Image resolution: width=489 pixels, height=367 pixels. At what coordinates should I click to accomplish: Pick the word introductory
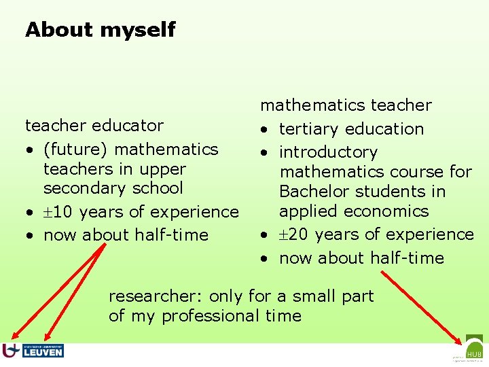click(328, 153)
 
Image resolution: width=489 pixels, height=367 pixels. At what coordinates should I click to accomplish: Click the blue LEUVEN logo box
click(43, 351)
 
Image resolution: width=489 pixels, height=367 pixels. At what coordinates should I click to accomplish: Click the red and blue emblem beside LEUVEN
click(10, 350)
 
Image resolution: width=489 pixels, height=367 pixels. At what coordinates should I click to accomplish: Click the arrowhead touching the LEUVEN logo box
click(47, 336)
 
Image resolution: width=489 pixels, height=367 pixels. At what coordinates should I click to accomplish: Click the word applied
click(304, 211)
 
